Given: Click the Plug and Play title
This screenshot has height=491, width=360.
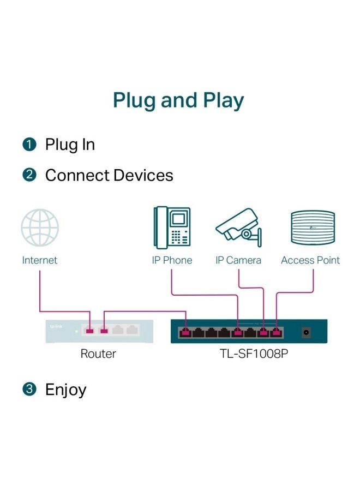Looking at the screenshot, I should click(x=178, y=101).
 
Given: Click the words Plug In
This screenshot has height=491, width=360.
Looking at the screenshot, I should click(x=70, y=145).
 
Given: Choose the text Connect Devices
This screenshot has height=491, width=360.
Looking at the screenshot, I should click(x=109, y=176).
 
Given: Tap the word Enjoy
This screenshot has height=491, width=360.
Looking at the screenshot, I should click(x=65, y=390).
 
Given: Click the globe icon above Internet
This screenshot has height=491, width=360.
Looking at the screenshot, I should click(x=39, y=228).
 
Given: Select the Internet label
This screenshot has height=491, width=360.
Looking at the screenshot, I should click(x=39, y=260).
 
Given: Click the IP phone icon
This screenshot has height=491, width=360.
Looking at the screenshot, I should click(x=172, y=226).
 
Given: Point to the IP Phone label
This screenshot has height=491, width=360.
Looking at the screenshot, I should click(x=172, y=260).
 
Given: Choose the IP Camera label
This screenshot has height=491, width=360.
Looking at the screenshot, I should click(x=238, y=260).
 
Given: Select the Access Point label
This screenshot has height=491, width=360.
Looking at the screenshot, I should click(x=310, y=260).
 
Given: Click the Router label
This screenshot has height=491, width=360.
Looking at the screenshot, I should click(x=98, y=354).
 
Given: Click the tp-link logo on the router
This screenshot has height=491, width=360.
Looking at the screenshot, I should click(x=57, y=327).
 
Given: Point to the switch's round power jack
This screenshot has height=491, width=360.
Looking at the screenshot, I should click(x=307, y=331).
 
